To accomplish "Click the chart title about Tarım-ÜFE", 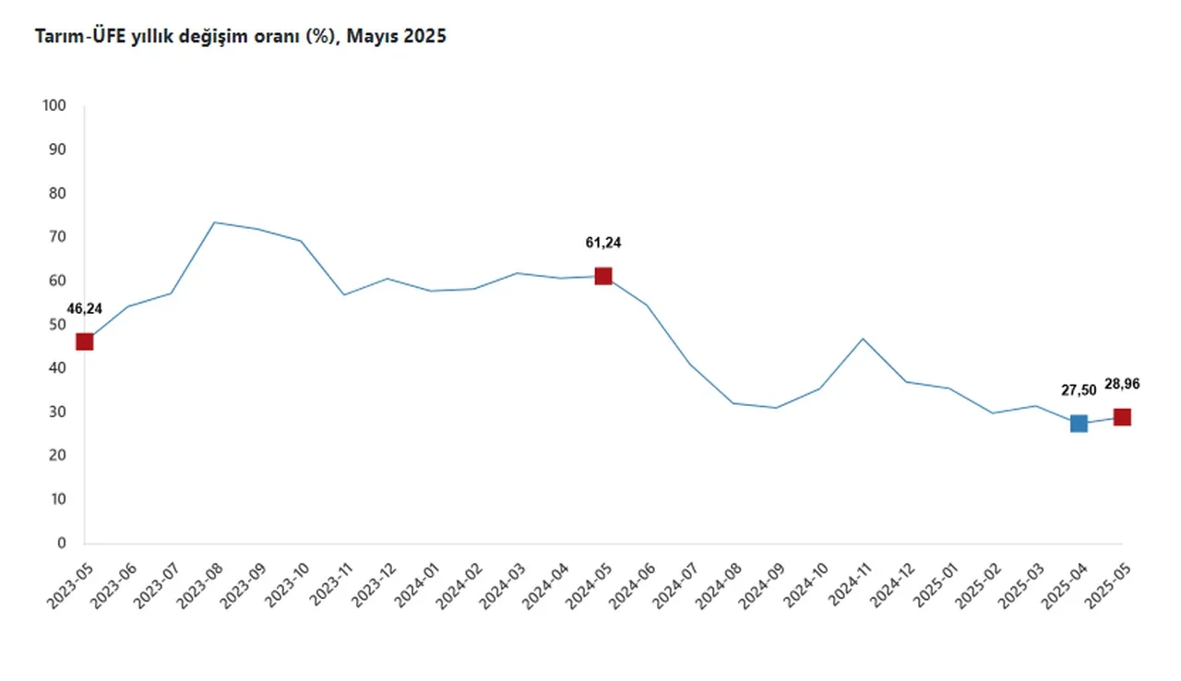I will [x=240, y=37].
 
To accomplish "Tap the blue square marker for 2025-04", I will [x=1079, y=424].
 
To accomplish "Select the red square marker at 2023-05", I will [x=85, y=341].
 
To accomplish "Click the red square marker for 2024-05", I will [x=603, y=276].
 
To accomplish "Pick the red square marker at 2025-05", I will [x=1122, y=417].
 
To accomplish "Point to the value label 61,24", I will [x=603, y=243].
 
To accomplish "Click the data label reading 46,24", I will [x=85, y=308].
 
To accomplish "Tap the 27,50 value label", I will [x=1079, y=390].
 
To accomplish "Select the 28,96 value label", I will [x=1122, y=383].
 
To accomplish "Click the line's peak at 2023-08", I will [x=214, y=222].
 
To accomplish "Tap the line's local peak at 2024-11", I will [x=863, y=339].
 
